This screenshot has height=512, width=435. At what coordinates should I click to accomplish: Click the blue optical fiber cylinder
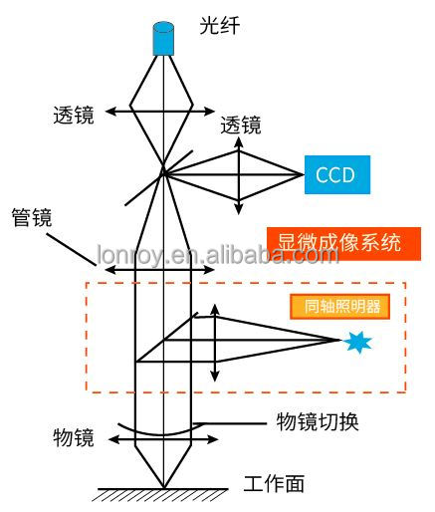point(163,39)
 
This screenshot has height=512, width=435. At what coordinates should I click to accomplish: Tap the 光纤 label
point(220,25)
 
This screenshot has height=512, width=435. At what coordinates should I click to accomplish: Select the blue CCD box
point(337,174)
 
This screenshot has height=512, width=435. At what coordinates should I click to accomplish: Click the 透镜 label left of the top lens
point(74,115)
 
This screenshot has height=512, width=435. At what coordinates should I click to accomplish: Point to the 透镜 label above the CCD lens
point(241,125)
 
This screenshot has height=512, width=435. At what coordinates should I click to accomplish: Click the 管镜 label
point(32,217)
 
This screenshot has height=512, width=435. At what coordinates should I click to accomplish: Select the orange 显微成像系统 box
point(343,244)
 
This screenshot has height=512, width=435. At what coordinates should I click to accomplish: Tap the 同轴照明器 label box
point(339,307)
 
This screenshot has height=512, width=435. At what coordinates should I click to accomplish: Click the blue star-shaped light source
point(357,341)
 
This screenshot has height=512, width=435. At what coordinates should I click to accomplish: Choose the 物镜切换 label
point(318,421)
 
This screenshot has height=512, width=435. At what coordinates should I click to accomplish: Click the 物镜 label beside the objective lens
point(74,437)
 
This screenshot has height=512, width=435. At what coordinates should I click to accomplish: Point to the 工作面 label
point(274,483)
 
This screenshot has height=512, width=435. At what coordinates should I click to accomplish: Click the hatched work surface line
point(162,489)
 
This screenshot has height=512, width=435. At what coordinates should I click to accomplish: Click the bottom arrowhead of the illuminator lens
point(215,377)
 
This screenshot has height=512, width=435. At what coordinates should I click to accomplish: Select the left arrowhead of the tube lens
point(110,270)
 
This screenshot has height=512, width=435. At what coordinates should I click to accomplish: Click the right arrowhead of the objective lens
point(212,439)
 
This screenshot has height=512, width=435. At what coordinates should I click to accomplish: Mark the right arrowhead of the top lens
point(210,112)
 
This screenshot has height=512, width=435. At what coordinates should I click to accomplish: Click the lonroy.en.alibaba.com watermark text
point(218,255)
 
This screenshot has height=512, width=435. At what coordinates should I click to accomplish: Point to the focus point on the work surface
point(163,487)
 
